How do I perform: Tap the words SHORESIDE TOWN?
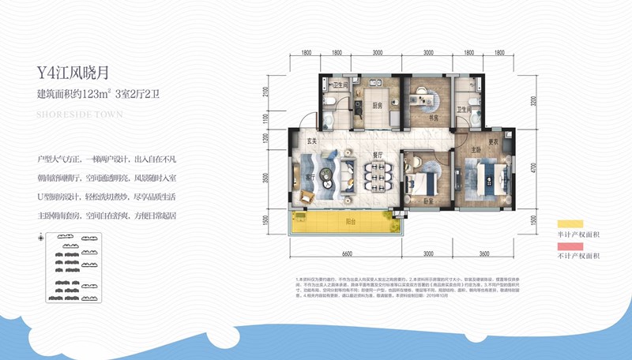80,114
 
